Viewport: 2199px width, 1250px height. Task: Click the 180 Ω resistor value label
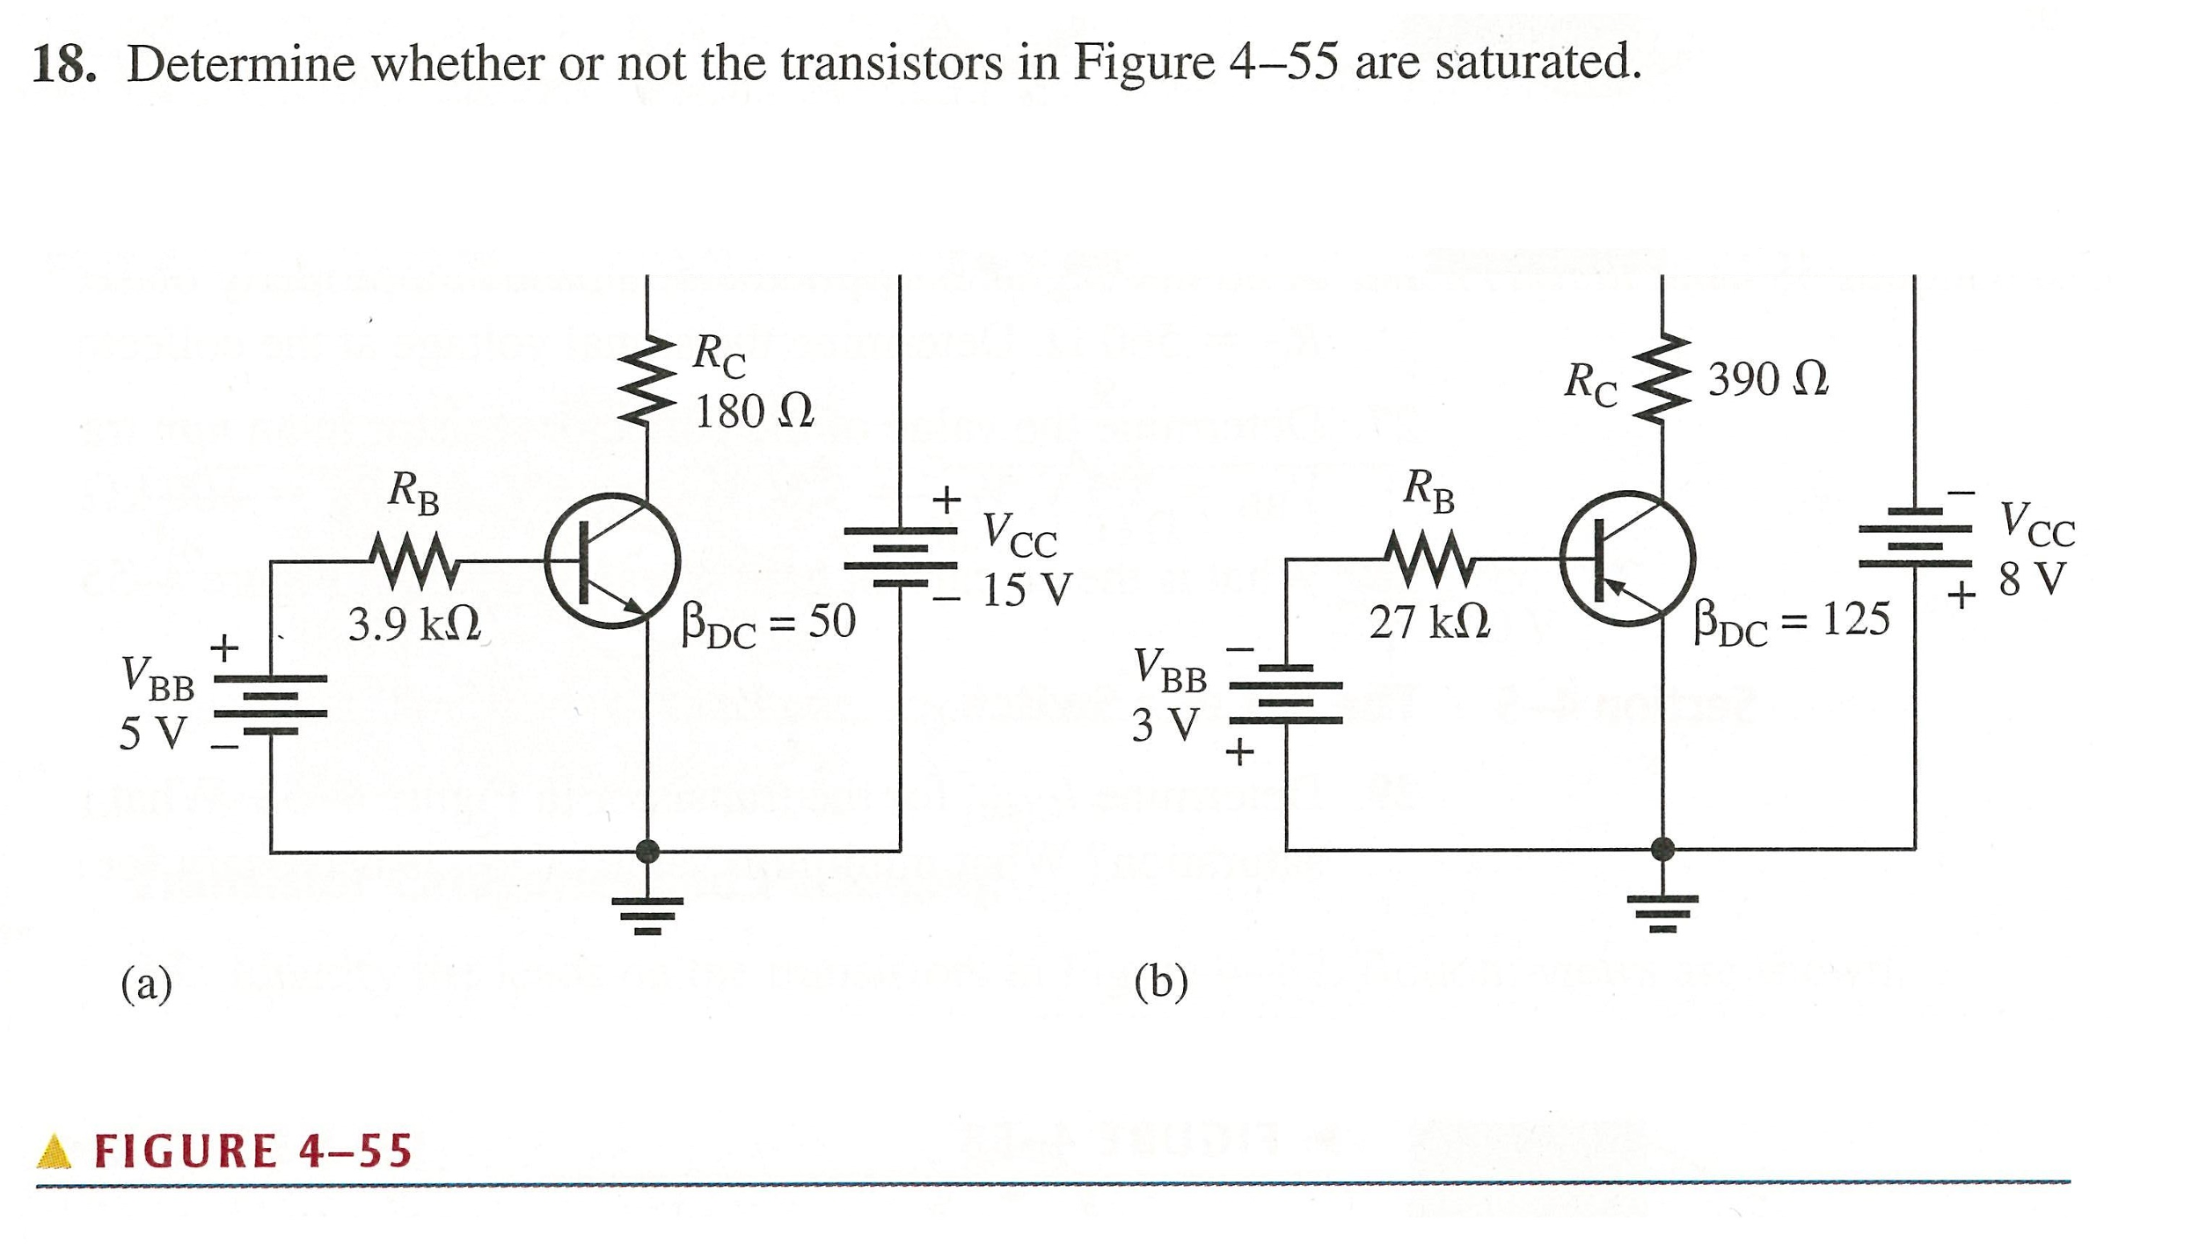click(754, 412)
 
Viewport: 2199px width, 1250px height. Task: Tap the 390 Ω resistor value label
click(1768, 380)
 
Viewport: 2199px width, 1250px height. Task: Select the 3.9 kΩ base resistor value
click(414, 625)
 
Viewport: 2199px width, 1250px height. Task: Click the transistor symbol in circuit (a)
click(611, 560)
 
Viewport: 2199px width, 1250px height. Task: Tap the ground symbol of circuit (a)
click(648, 915)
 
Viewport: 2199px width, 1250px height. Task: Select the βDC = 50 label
click(768, 624)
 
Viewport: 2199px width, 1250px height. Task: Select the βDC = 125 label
click(1791, 621)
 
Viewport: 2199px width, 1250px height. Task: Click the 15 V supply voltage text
click(1026, 590)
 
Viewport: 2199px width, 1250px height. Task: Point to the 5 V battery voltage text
click(153, 733)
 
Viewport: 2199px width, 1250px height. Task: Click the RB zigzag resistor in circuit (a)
click(413, 560)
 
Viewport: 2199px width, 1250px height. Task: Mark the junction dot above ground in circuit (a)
click(648, 851)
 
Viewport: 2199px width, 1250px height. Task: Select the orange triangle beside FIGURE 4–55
click(55, 1151)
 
